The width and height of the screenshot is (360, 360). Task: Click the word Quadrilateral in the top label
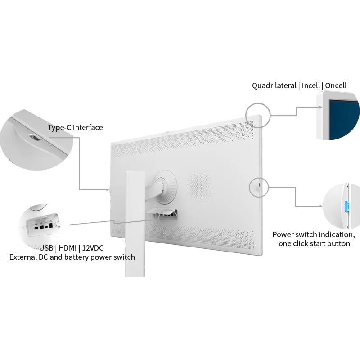click(274, 85)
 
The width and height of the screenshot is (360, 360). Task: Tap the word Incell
click(310, 85)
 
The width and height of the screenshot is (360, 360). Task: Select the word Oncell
click(336, 85)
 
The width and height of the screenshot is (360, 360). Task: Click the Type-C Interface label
click(75, 127)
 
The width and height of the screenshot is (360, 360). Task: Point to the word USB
click(46, 248)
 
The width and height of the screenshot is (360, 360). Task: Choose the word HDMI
click(67, 248)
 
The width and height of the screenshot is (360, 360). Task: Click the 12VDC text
click(93, 248)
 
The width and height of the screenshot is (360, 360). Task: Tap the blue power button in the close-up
click(346, 207)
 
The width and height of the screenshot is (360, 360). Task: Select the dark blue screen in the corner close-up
click(344, 119)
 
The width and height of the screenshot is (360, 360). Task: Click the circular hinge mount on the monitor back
click(165, 186)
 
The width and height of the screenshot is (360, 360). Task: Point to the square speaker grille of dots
click(199, 185)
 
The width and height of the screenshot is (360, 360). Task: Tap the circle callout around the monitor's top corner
click(258, 103)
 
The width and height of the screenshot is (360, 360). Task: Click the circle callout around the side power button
click(259, 178)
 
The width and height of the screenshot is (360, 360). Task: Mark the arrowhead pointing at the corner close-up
click(320, 107)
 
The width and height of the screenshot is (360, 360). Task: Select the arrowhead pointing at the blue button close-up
click(320, 206)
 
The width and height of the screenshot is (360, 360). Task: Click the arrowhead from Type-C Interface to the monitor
click(108, 189)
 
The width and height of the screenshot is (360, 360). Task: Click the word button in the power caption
click(338, 243)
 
